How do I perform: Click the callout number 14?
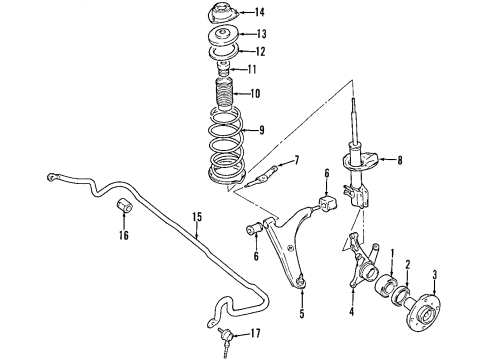point(260,13)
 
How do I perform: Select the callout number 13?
point(260,34)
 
